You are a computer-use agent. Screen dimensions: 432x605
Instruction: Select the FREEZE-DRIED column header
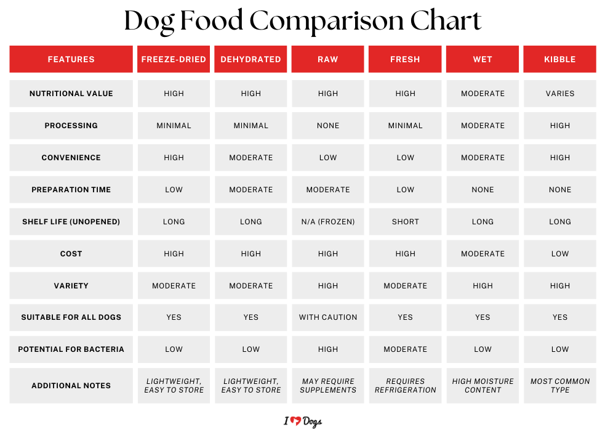click(x=174, y=60)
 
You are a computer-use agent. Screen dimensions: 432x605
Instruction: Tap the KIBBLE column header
click(x=559, y=60)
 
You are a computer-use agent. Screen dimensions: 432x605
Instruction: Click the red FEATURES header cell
click(x=71, y=60)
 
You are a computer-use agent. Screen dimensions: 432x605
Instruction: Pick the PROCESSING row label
click(x=71, y=126)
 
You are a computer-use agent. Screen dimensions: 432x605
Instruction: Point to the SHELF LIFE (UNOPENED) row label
click(x=71, y=222)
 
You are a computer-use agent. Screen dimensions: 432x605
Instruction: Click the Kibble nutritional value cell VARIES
click(x=559, y=94)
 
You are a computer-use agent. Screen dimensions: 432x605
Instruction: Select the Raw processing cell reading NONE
click(x=328, y=126)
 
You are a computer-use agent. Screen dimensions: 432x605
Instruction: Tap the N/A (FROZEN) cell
click(x=328, y=222)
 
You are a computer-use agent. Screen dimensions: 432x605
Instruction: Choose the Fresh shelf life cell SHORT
click(x=405, y=222)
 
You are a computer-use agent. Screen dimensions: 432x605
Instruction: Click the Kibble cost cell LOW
click(x=559, y=254)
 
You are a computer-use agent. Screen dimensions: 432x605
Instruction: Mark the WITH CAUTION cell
click(x=328, y=317)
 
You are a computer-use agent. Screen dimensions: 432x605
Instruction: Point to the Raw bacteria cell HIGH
click(x=328, y=349)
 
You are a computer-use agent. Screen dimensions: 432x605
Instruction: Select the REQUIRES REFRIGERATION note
click(x=405, y=386)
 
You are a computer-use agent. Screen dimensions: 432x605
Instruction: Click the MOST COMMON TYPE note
click(x=559, y=386)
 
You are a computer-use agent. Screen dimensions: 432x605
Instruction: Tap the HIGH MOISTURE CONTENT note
click(x=483, y=386)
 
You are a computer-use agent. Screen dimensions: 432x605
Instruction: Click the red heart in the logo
click(x=295, y=422)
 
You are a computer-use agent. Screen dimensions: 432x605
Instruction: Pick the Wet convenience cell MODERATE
click(x=483, y=158)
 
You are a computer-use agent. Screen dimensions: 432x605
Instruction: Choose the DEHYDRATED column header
click(x=250, y=60)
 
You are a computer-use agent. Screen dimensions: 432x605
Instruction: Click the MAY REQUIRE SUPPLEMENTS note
click(x=328, y=386)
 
